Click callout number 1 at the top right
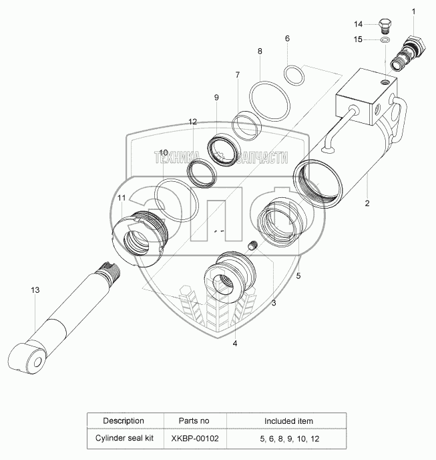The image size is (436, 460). point(413,11)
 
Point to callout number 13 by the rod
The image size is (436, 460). point(35,290)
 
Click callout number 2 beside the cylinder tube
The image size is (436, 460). point(367,201)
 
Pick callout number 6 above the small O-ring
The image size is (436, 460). point(287,38)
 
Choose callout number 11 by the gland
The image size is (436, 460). point(122,198)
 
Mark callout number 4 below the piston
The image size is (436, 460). point(234,344)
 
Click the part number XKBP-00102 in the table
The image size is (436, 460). point(194,439)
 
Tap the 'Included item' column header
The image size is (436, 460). point(288,421)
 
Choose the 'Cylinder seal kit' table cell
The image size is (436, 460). point(123,439)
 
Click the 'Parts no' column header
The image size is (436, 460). point(194,421)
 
